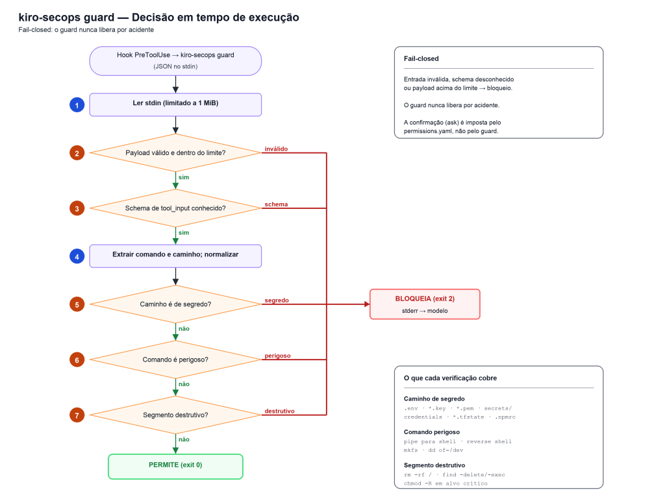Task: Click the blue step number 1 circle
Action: pyautogui.click(x=77, y=105)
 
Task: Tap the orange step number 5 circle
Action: pyautogui.click(x=77, y=304)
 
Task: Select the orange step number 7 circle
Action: pyautogui.click(x=77, y=415)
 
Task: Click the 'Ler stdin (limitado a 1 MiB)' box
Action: pyautogui.click(x=175, y=104)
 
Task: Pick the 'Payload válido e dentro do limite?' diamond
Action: pyautogui.click(x=175, y=153)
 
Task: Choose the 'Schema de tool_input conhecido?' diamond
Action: pyautogui.click(x=175, y=208)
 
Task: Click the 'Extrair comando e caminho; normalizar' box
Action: pyautogui.click(x=175, y=256)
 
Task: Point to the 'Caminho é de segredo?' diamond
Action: pyautogui.click(x=175, y=304)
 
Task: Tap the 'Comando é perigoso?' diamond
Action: pyautogui.click(x=175, y=360)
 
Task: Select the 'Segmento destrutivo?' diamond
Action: pyautogui.click(x=175, y=415)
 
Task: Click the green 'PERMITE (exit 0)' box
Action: pyautogui.click(x=175, y=467)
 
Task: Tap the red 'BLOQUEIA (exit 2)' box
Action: pyautogui.click(x=425, y=304)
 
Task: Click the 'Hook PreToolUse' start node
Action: pyautogui.click(x=175, y=61)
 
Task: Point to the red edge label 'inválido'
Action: pyautogui.click(x=276, y=149)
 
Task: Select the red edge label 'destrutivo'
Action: pyautogui.click(x=279, y=411)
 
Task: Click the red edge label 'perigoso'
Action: pyautogui.click(x=278, y=356)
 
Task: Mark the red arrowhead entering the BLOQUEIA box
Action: pyautogui.click(x=367, y=304)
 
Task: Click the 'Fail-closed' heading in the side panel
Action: pyautogui.click(x=421, y=58)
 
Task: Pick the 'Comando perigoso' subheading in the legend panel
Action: pyautogui.click(x=432, y=432)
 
